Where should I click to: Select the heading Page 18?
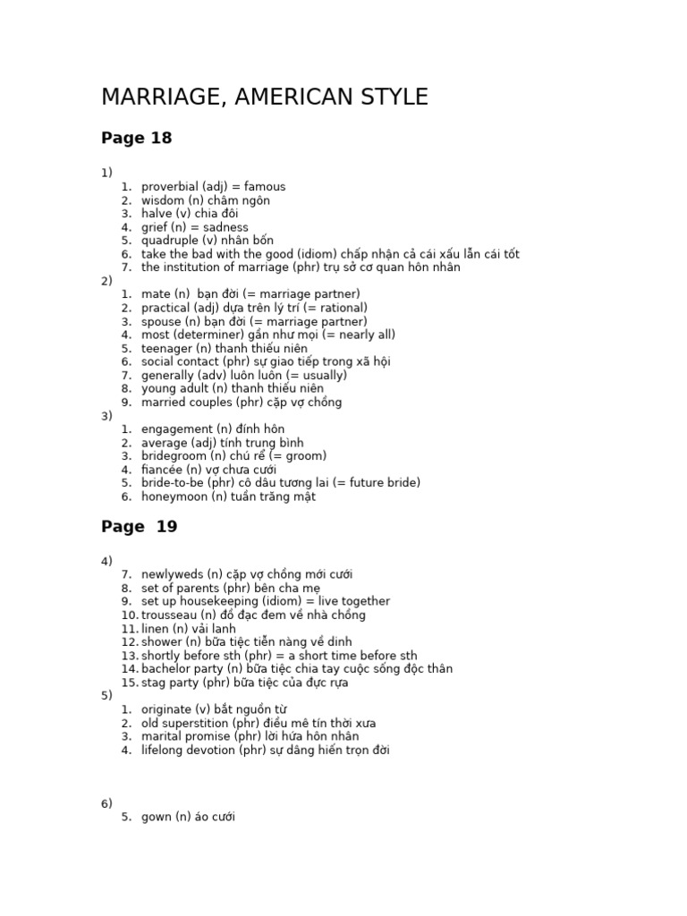(136, 139)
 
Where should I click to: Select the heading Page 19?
(139, 527)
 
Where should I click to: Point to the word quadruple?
(171, 241)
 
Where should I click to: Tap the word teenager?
(167, 348)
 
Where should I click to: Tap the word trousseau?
(170, 615)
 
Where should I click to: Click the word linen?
(156, 629)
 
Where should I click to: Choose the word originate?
(165, 709)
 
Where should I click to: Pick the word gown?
(156, 817)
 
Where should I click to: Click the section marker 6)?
(106, 803)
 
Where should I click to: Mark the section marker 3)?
(106, 416)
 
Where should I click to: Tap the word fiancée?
(163, 470)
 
